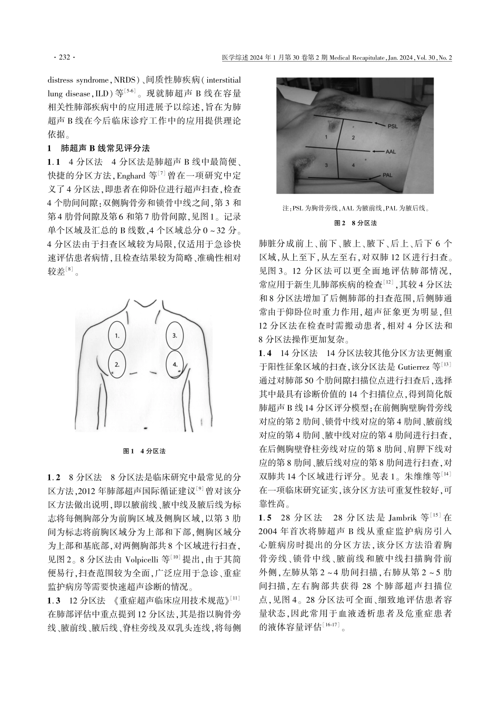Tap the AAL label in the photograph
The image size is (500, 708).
[391, 151]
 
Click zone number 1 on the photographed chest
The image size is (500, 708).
[326, 137]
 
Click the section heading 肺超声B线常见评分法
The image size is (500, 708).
[105, 148]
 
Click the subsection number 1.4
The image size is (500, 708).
[266, 352]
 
